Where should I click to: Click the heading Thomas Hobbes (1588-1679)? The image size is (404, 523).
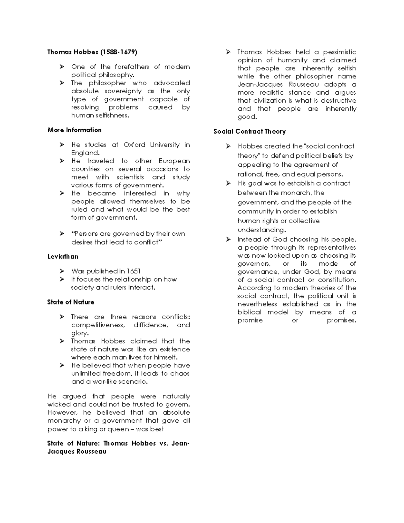(x=92, y=52)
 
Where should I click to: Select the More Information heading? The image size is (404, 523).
(x=74, y=130)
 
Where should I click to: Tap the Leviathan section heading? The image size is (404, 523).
(x=63, y=256)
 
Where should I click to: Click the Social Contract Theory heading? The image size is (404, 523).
(x=249, y=131)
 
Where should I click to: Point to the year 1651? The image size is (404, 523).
(x=133, y=271)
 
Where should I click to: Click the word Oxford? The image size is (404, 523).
(x=134, y=145)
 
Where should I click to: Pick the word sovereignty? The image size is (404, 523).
(x=123, y=91)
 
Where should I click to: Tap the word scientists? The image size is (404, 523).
(x=130, y=177)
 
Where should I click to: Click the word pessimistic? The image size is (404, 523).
(x=339, y=52)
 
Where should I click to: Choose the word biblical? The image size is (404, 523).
(x=249, y=312)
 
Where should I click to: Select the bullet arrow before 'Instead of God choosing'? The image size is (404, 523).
(x=228, y=239)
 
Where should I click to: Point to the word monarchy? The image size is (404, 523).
(x=64, y=421)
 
